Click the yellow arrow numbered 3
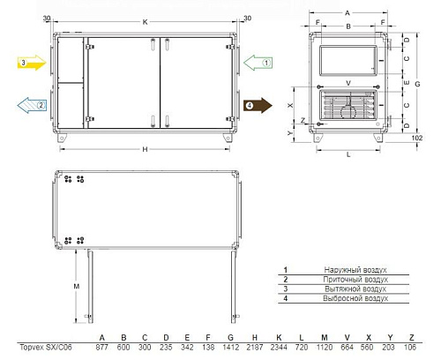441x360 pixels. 32,63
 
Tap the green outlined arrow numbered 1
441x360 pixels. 258,63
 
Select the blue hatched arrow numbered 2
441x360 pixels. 32,105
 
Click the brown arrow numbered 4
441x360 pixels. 258,106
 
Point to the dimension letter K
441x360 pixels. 145,22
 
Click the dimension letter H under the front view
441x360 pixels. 145,149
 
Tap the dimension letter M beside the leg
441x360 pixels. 77,286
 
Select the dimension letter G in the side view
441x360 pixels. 417,84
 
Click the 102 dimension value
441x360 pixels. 417,138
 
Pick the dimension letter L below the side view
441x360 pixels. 348,154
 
